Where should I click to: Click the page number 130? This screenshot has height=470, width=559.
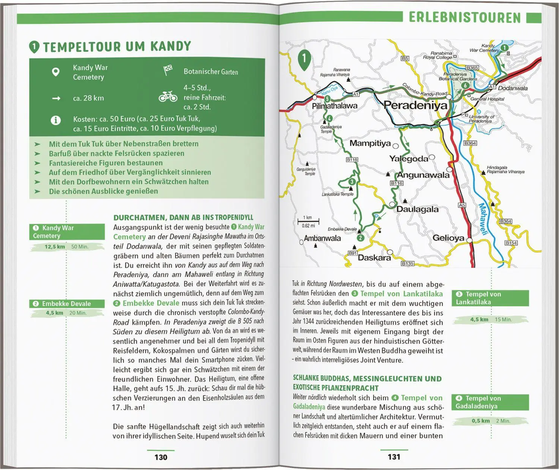tap(161, 457)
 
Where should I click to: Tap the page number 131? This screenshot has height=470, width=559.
tap(394, 457)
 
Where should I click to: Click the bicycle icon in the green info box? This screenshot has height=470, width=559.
tap(168, 96)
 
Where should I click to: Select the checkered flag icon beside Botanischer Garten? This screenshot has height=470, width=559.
tap(168, 70)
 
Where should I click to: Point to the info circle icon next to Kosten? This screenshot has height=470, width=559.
tap(56, 120)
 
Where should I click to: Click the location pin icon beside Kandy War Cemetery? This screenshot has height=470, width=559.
tap(56, 72)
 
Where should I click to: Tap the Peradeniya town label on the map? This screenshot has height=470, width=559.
tap(415, 105)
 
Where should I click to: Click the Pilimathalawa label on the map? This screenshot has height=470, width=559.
tap(334, 106)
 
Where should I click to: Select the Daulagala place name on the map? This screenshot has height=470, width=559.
tap(417, 209)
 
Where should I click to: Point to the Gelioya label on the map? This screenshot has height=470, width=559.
tap(448, 238)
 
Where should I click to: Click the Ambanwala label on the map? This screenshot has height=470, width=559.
tap(322, 238)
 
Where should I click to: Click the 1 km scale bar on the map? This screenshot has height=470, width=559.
tap(308, 222)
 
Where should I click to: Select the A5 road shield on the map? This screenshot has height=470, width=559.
tap(462, 205)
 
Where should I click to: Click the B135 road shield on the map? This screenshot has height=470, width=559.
tap(407, 263)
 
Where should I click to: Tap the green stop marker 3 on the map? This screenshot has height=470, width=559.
tap(352, 182)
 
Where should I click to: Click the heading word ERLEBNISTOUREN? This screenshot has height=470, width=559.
tap(464, 18)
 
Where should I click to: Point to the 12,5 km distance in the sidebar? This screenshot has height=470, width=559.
tap(55, 247)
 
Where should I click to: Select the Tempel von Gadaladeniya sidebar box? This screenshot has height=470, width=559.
tap(490, 402)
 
